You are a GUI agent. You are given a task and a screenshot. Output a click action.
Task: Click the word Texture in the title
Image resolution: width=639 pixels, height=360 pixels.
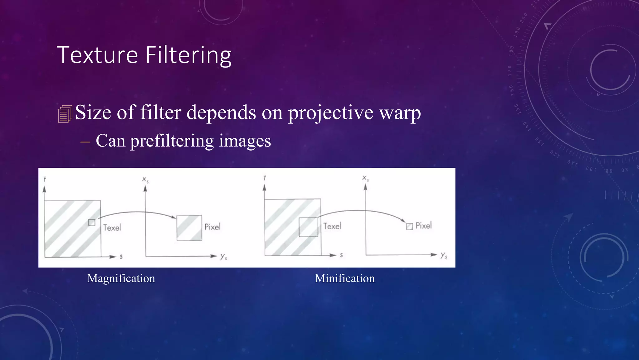coord(97,55)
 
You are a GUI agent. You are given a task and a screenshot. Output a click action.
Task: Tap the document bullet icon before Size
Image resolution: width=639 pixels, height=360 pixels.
coord(65,114)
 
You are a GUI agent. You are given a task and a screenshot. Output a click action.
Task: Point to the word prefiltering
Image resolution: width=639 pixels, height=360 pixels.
coord(172,141)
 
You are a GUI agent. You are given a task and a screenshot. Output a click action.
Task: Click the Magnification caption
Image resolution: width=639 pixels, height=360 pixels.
coord(121,278)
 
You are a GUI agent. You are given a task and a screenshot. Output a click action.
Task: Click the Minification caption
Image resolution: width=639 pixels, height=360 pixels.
coord(344,278)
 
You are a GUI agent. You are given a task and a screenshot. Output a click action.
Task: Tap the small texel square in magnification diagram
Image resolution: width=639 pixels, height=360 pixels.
coord(92,222)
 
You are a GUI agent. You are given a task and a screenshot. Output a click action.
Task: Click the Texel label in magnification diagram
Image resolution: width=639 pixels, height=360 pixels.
coord(112,227)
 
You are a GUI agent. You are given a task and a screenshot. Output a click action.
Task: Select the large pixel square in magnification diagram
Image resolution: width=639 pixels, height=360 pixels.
coord(189,228)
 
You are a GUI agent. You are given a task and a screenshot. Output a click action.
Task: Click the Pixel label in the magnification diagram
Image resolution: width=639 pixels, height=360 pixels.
coord(212,227)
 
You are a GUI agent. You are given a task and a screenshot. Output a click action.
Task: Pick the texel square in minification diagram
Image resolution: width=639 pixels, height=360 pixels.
coord(308,227)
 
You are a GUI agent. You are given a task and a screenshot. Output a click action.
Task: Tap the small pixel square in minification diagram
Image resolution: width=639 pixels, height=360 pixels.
coord(409,227)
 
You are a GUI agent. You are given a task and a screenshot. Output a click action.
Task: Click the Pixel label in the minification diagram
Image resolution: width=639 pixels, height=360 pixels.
coord(424,226)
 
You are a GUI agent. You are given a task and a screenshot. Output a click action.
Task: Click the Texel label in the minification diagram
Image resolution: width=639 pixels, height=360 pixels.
coord(332,226)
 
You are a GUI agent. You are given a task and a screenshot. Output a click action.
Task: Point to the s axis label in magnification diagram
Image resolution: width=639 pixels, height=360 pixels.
coord(121,257)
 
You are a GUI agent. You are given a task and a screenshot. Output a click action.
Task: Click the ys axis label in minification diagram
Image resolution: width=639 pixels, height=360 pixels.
coord(444,256)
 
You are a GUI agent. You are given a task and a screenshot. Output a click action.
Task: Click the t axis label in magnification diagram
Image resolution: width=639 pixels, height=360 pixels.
coord(45,179)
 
